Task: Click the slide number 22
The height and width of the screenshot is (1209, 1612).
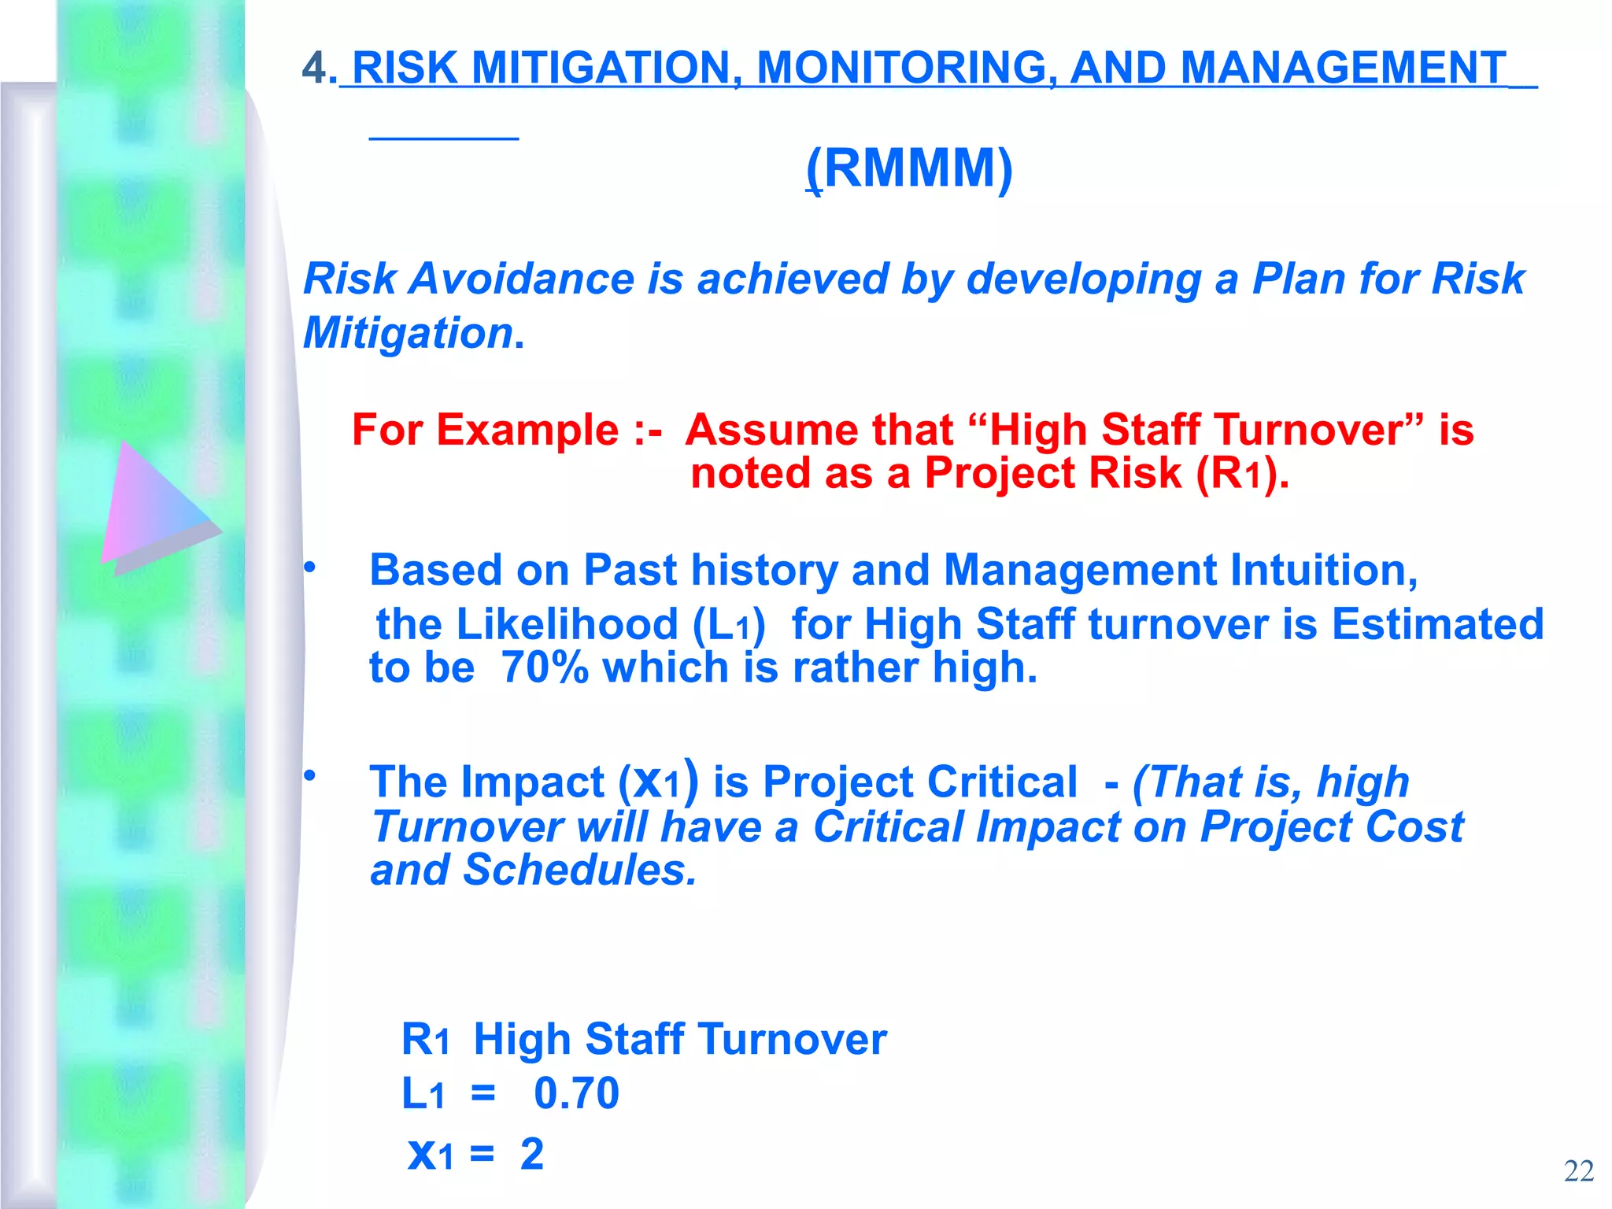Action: point(1578,1171)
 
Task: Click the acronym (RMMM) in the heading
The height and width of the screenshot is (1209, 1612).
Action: point(910,168)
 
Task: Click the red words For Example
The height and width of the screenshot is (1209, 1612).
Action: point(485,430)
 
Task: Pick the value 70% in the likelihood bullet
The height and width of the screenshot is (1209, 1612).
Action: point(545,667)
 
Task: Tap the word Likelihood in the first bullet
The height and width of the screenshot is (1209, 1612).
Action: point(567,624)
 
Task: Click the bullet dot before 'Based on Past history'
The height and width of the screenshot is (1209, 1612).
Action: point(310,567)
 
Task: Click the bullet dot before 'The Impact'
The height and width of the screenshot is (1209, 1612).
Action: point(310,775)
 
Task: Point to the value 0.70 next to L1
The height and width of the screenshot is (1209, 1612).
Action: point(576,1093)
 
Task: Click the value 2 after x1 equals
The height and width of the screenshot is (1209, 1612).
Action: point(532,1155)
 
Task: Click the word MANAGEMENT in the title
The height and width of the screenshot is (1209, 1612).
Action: point(1343,68)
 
